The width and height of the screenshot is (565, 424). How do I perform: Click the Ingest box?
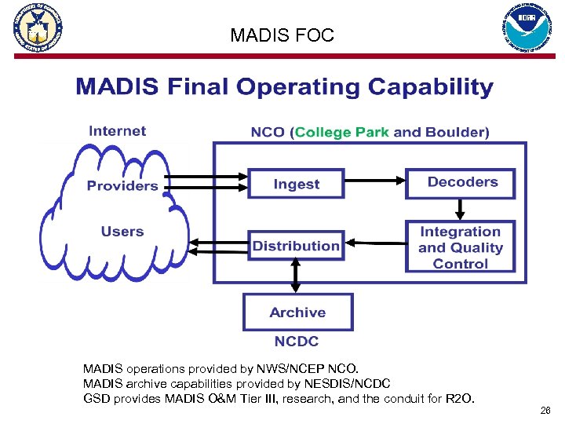coord(296,184)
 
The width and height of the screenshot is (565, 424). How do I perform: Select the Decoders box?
coord(461,182)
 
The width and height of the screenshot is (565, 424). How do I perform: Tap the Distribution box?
coord(296,247)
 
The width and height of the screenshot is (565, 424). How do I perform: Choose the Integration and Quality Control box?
coord(460,247)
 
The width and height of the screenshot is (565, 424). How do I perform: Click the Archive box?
coord(297,313)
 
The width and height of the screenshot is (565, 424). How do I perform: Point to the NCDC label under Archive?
coord(297,342)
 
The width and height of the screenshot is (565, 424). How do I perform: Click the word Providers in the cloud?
coord(122,186)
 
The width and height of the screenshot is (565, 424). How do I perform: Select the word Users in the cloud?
coord(122,232)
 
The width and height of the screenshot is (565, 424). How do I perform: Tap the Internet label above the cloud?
coord(117,131)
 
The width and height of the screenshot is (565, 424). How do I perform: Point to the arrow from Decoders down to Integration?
coord(461,209)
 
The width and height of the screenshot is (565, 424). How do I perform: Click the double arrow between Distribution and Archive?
coord(296,275)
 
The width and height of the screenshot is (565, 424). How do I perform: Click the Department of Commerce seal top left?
coord(37,28)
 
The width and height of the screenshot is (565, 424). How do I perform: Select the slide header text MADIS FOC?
coord(282,35)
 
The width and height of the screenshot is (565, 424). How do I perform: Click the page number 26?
coord(545,411)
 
